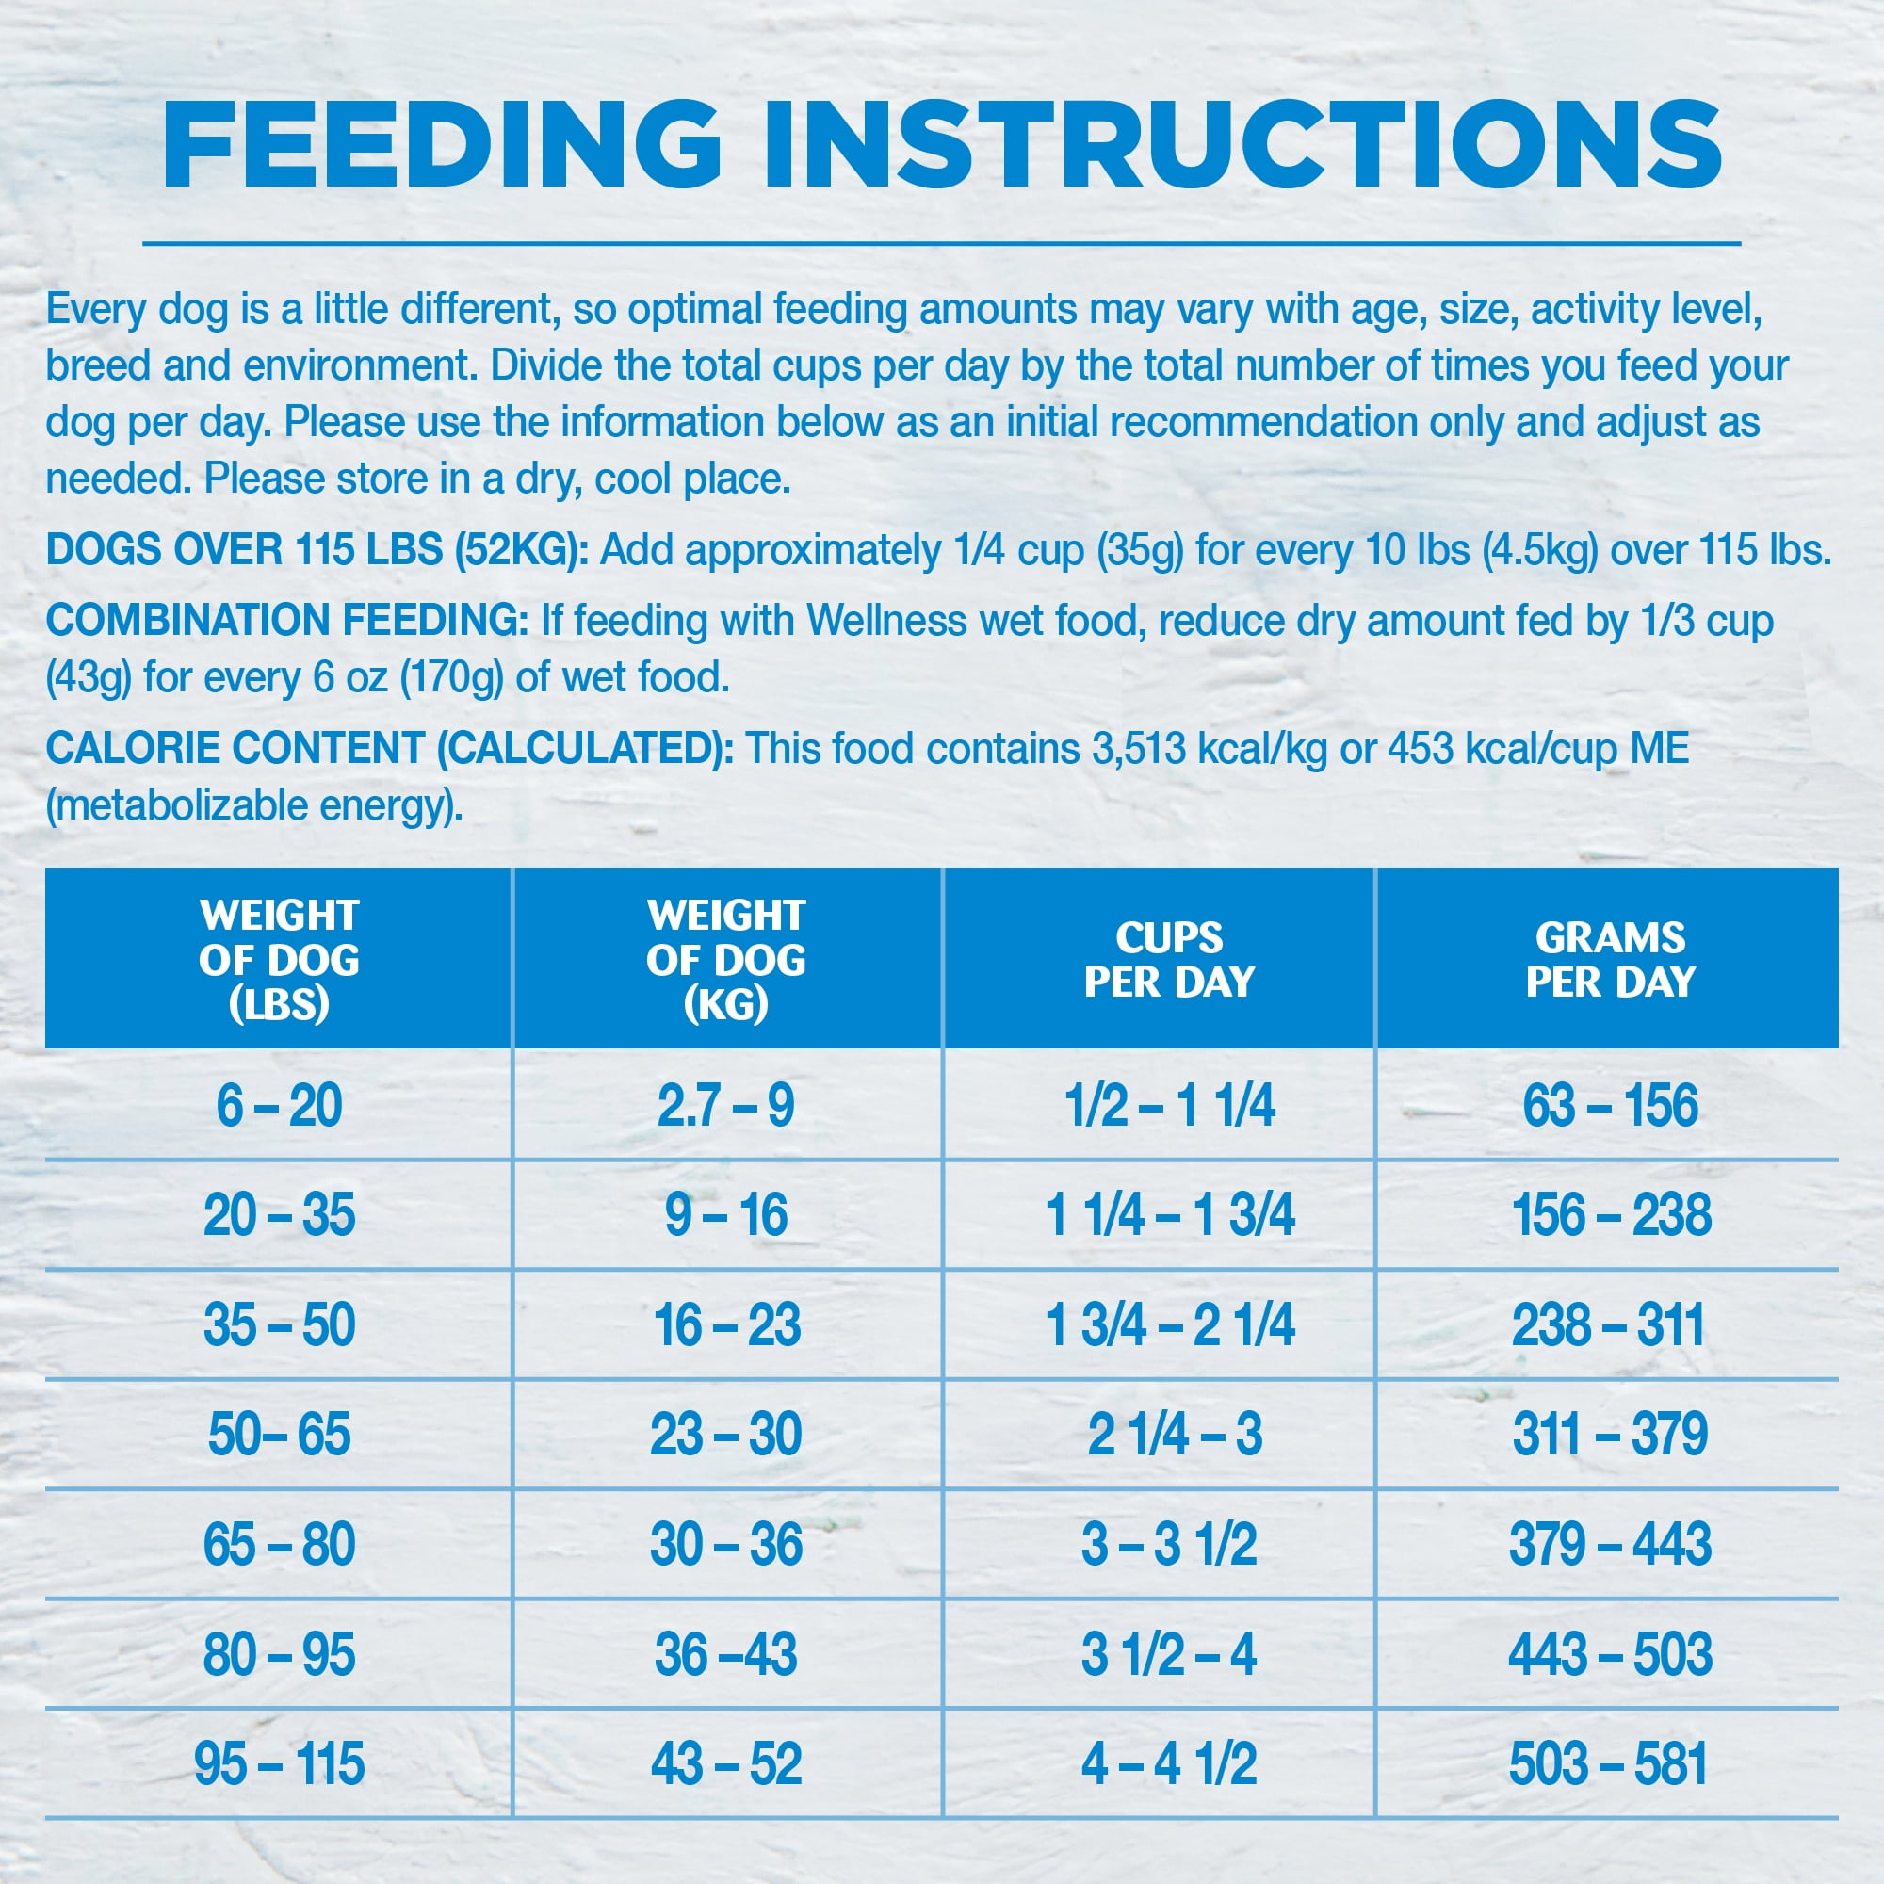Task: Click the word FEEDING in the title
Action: (441, 144)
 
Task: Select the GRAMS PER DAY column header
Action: (1610, 960)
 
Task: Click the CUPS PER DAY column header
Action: (1169, 960)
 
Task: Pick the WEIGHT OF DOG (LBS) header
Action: (279, 960)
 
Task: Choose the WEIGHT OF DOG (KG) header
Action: (725, 960)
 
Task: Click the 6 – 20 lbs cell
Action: (279, 1106)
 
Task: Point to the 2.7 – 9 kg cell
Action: (725, 1106)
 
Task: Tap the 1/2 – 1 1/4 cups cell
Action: (1169, 1106)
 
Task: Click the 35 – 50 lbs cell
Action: (279, 1325)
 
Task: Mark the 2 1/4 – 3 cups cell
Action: (1174, 1435)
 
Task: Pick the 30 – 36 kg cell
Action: (725, 1545)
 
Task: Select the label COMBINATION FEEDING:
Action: (286, 620)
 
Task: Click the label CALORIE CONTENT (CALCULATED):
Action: (389, 749)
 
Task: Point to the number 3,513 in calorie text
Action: (1138, 749)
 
